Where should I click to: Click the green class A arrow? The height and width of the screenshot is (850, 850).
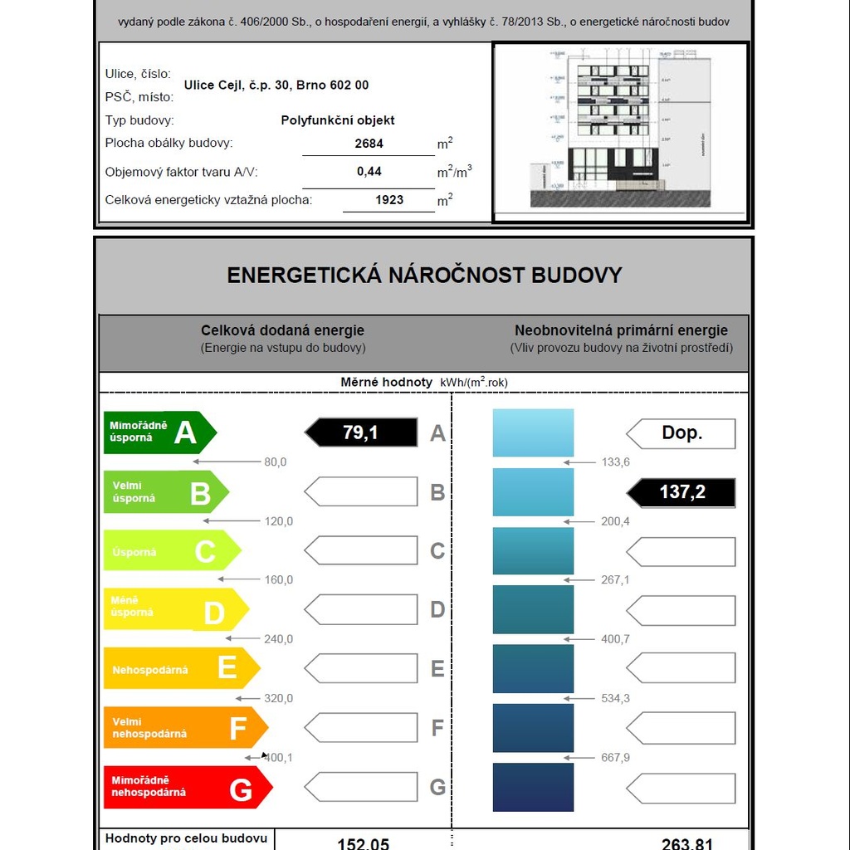159,432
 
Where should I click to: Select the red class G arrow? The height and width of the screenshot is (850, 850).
188,787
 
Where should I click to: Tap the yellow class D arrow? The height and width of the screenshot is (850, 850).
175,610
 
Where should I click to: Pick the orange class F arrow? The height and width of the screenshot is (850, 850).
185,728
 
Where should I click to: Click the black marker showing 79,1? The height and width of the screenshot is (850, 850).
361,432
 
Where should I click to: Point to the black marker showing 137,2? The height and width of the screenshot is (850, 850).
681,492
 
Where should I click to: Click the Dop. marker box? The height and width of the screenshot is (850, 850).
681,433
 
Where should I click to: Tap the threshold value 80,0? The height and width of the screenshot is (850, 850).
275,462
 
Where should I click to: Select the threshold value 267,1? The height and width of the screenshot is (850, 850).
615,580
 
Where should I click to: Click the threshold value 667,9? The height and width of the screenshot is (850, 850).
615,758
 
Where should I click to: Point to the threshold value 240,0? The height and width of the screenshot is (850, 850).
278,639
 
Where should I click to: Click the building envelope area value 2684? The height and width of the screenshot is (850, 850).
369,144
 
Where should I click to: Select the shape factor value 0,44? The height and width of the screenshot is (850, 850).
369,172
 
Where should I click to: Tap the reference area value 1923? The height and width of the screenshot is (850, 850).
389,200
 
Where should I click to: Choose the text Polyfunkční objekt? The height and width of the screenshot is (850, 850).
338,120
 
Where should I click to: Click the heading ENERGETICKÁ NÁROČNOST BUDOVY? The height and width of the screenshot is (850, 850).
424,276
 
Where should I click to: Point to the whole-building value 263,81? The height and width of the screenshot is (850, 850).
687,843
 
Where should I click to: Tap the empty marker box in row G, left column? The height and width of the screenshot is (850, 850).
361,787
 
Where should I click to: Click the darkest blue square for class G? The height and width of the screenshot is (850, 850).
533,787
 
